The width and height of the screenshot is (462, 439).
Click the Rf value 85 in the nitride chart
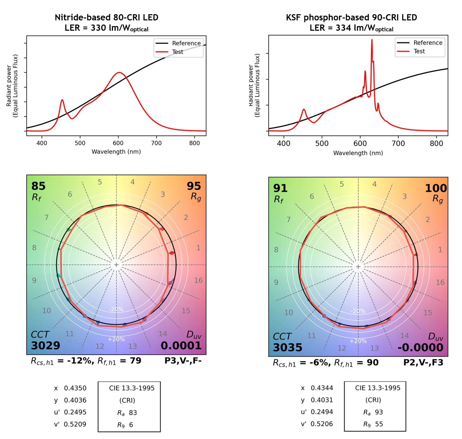coord(38,186)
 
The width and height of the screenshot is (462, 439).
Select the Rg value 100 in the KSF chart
coord(436,188)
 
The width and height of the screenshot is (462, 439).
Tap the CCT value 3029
coord(45,345)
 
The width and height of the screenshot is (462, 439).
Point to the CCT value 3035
coord(287,347)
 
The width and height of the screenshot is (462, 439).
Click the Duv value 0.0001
coord(181,345)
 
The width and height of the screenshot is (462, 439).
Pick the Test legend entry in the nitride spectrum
coord(178,52)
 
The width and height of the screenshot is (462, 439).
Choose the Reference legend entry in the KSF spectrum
coord(428,43)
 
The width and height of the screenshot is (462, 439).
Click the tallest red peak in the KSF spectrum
coord(372,40)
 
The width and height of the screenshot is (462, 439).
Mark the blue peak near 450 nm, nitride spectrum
coord(62,100)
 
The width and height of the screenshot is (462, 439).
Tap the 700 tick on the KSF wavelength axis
coord(398,144)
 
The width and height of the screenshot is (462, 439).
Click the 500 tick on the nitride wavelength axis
coord(80,143)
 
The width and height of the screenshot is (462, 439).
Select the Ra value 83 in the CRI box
coord(133,413)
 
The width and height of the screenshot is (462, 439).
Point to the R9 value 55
coord(379,424)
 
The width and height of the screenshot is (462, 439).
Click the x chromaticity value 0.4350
coord(75,388)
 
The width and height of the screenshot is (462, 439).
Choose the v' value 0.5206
coord(322,424)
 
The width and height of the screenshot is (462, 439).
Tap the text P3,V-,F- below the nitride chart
coord(183,361)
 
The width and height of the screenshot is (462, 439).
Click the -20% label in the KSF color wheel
coord(358,311)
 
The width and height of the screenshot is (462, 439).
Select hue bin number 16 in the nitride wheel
coord(198,280)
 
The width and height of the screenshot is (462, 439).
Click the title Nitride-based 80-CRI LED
coord(107,17)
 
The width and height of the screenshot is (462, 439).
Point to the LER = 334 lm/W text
coord(351,28)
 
